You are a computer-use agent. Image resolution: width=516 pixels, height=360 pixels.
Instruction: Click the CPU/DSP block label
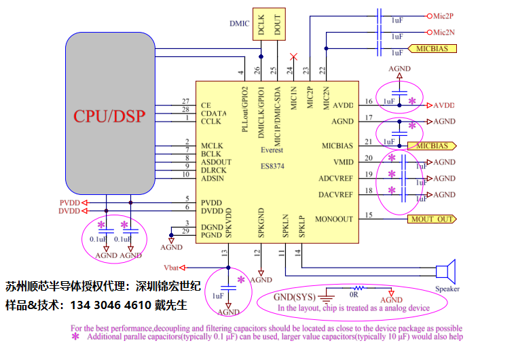pyautogui.click(x=109, y=115)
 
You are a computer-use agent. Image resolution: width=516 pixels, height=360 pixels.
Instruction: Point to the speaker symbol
pyautogui.click(x=445, y=272)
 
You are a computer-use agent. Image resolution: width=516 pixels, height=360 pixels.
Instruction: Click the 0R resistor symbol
pyautogui.click(x=354, y=289)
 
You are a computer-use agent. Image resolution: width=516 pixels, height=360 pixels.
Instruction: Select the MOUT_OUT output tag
pyautogui.click(x=431, y=219)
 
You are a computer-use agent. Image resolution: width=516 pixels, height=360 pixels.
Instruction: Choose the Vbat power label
pyautogui.click(x=173, y=267)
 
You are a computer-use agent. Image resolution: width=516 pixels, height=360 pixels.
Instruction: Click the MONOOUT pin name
pyautogui.click(x=334, y=219)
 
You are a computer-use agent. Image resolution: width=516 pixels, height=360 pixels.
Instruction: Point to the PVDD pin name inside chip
pyautogui.click(x=211, y=202)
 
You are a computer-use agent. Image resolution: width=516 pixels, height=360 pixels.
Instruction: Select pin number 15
pyautogui.click(x=369, y=215)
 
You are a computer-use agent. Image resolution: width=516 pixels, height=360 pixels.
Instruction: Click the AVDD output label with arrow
pyautogui.click(x=443, y=105)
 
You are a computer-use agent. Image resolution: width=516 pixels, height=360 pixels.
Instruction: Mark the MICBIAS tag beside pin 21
pyautogui.click(x=431, y=146)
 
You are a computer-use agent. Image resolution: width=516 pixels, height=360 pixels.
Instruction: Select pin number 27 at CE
pyautogui.click(x=185, y=101)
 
